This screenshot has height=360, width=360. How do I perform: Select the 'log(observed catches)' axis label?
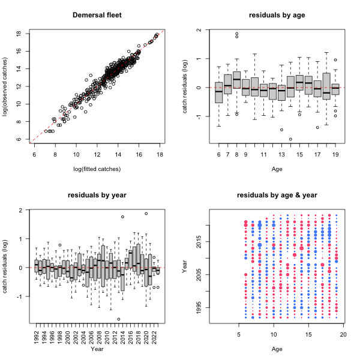tap(6, 86)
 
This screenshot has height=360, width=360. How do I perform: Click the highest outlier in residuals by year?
tap(146, 213)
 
